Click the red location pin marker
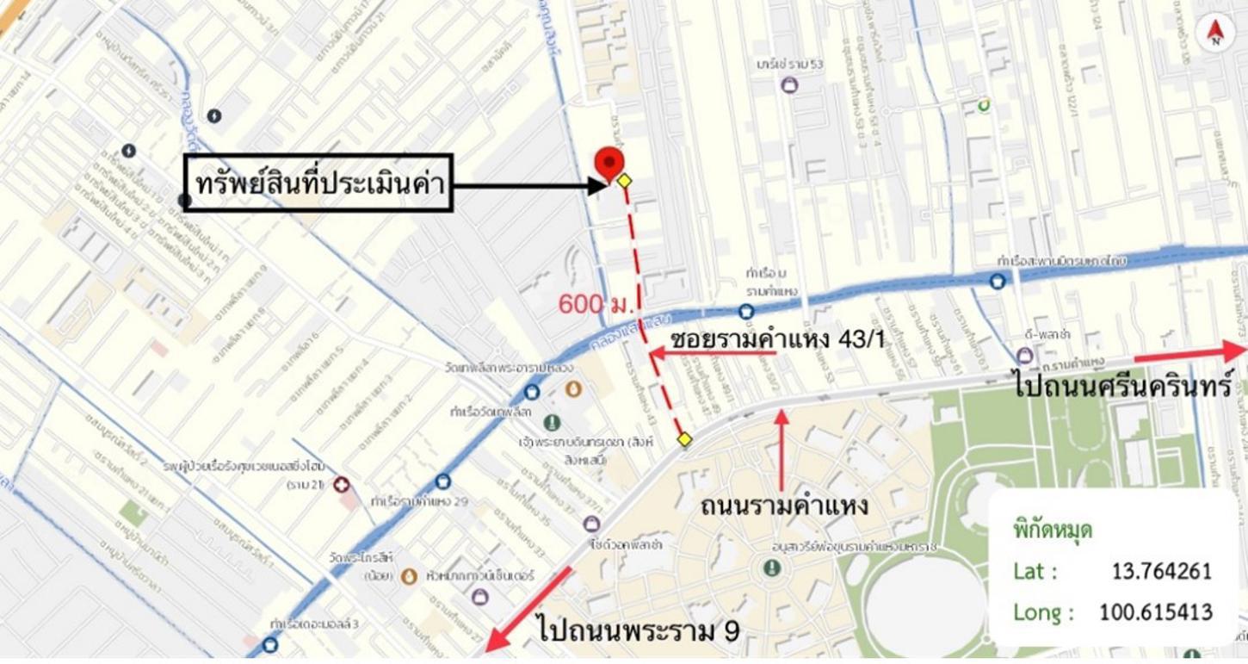click(x=609, y=162)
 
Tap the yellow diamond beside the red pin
click(x=625, y=181)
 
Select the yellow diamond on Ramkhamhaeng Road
click(x=684, y=440)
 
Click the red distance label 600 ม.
click(x=596, y=304)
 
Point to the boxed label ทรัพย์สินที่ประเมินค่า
click(x=318, y=183)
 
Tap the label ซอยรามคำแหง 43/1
click(x=777, y=338)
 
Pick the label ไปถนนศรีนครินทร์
click(x=1123, y=384)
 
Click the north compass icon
click(x=1215, y=33)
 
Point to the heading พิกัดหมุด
click(x=1053, y=530)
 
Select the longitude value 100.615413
click(x=1155, y=612)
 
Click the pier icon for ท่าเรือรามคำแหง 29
click(x=442, y=481)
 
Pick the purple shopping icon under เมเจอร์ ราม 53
click(x=788, y=85)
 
